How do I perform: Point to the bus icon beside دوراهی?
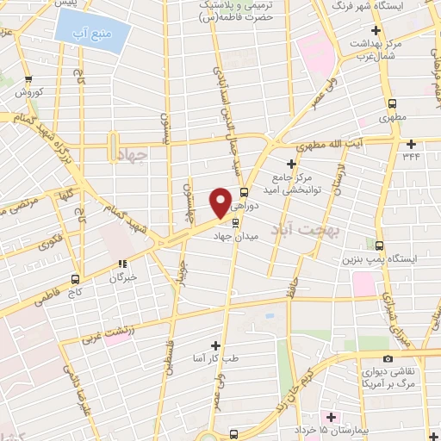[x=245, y=192]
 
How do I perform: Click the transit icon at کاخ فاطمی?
[x=76, y=279]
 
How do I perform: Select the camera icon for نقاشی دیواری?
[x=387, y=358]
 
